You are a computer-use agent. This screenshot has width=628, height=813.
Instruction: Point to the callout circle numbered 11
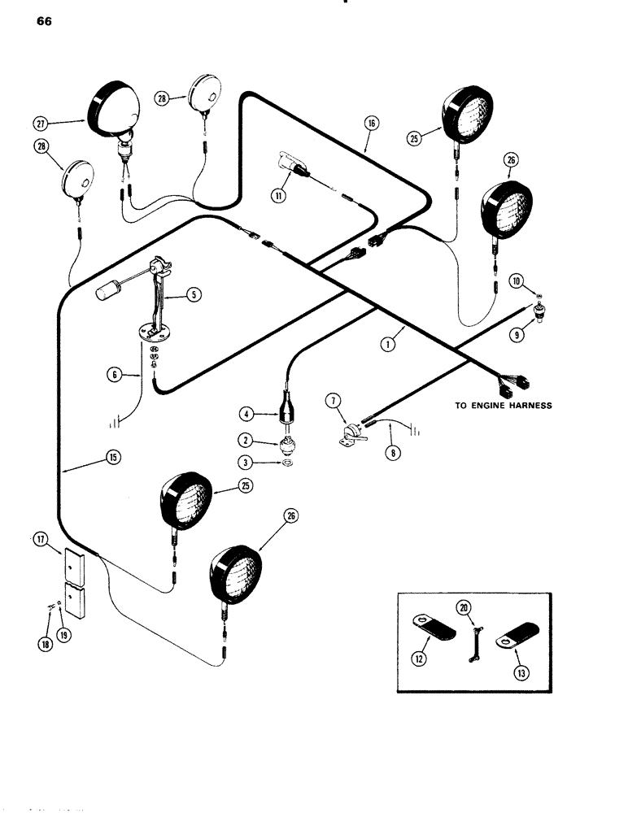click(x=279, y=195)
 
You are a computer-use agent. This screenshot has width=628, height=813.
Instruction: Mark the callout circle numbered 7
click(x=332, y=401)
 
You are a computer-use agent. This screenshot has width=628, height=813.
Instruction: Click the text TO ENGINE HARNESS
click(x=503, y=405)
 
